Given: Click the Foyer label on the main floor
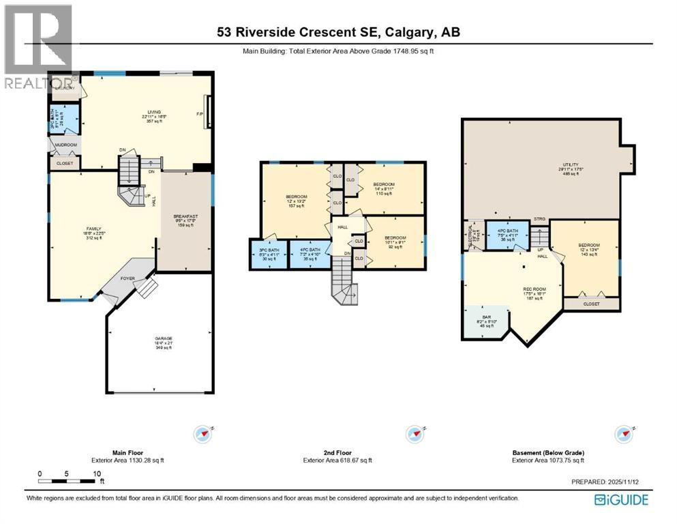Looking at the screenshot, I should click(127, 278).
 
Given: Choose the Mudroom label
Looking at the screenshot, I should click(65, 145).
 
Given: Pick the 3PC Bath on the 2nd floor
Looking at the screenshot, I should click(269, 254).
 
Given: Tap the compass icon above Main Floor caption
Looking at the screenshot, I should click(202, 434).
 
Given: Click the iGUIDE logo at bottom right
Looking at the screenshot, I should click(621, 499).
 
